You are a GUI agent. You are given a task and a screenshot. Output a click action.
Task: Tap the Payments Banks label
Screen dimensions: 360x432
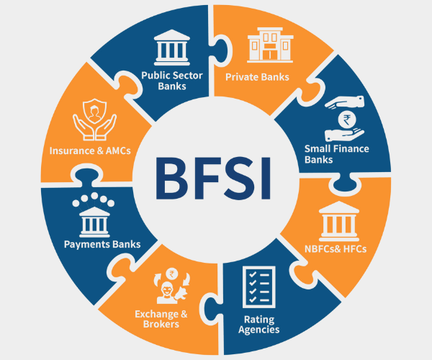coord(101,244)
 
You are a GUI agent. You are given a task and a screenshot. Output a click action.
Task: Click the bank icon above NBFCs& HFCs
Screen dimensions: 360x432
coord(335,219)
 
